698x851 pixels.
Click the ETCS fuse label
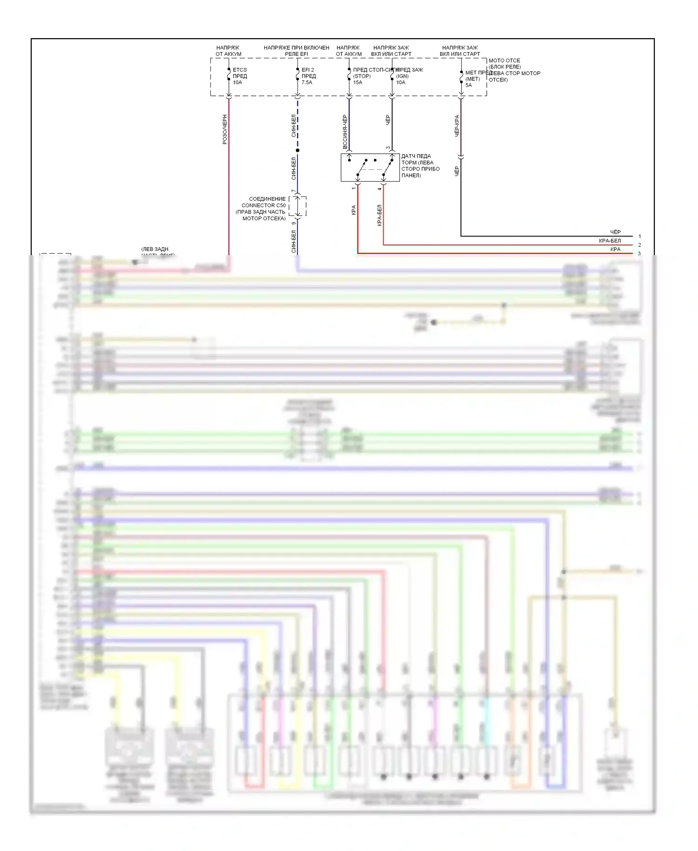coord(240,70)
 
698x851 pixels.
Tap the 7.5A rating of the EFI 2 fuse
coord(307,82)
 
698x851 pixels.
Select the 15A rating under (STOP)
coord(357,82)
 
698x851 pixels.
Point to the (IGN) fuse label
coord(402,76)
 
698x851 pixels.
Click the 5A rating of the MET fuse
coord(468,85)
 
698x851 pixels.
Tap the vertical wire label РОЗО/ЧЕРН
coord(225,129)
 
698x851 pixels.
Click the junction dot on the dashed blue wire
coord(297,150)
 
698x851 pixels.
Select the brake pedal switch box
coord(370,168)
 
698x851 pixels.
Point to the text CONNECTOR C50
coord(263,205)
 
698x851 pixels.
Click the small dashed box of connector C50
coord(297,206)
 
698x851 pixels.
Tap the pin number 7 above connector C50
coord(293,191)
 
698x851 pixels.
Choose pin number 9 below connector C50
coord(293,223)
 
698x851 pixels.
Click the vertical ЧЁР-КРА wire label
coord(457,126)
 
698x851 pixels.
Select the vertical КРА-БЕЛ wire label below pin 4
coord(379,215)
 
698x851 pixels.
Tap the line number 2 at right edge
coord(639,245)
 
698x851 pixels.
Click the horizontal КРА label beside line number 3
coord(615,250)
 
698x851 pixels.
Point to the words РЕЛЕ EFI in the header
coord(296,54)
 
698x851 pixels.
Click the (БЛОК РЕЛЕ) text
coord(504,67)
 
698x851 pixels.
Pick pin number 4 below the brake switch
coord(380,189)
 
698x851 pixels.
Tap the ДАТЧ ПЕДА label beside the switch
coord(416,156)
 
